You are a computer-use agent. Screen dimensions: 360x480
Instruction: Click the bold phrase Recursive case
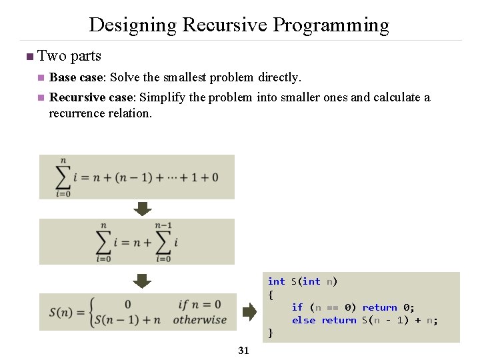coord(92,97)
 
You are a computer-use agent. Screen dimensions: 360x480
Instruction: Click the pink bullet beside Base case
coord(41,77)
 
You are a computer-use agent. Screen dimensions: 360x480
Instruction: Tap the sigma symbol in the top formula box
coord(64,177)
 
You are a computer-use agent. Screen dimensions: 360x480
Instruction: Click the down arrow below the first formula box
coord(143,209)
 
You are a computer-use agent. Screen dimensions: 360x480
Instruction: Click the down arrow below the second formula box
coord(143,281)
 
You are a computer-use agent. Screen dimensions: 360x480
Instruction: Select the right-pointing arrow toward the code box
coord(249,311)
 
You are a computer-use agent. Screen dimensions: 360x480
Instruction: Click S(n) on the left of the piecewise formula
coord(65,312)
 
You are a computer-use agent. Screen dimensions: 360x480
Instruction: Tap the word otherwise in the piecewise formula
coord(199,320)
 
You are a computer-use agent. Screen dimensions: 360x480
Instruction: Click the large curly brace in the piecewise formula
coord(93,312)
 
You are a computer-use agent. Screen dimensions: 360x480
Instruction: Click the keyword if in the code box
coord(297,307)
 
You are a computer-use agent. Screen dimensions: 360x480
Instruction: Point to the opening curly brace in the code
coord(271,294)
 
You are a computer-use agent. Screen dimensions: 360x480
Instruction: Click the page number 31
coord(243,351)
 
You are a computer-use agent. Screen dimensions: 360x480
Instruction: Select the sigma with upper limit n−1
coord(163,242)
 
